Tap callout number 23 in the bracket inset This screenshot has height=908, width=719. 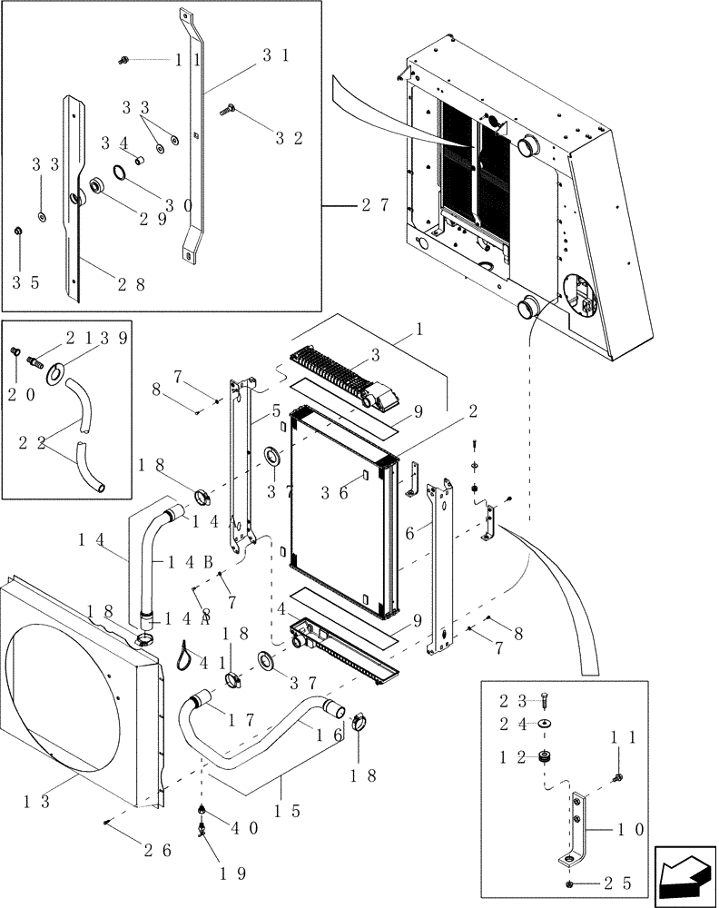pos(512,700)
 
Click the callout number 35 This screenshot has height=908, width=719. pos(25,282)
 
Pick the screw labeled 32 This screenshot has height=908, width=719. pos(228,111)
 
